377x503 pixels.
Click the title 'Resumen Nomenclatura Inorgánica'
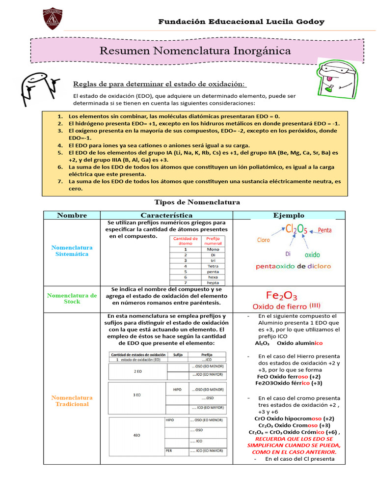(195, 51)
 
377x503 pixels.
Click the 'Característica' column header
(166, 215)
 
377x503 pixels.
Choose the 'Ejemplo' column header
(289, 215)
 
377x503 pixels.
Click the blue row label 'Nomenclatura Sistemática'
(72, 251)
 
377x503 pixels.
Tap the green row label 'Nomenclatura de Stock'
(72, 299)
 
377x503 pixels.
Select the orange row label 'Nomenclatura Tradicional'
(72, 401)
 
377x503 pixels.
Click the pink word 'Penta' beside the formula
(325, 230)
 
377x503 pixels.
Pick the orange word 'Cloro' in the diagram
(264, 240)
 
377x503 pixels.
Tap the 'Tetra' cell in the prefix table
(213, 266)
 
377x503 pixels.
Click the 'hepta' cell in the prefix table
(213, 282)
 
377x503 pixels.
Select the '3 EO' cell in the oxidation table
(137, 394)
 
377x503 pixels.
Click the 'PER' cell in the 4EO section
(169, 450)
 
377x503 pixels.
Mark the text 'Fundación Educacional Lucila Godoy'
(241, 22)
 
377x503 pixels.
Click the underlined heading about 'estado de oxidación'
(159, 83)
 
